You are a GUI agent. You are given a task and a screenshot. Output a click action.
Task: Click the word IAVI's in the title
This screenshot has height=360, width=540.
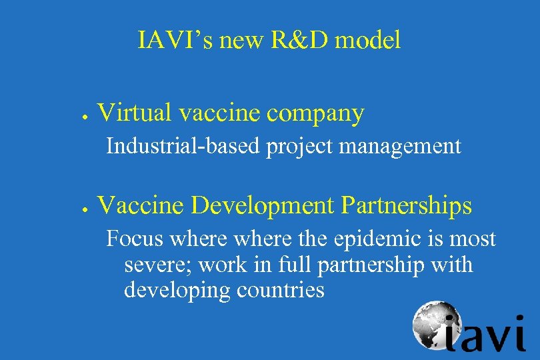175,41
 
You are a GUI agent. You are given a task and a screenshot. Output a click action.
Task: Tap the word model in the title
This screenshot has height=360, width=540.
367,41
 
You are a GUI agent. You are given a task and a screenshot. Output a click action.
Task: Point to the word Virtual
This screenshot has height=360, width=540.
135,113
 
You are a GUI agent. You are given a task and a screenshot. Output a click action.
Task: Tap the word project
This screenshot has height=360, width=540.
300,147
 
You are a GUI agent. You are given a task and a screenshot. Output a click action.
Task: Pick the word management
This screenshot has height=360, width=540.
400,147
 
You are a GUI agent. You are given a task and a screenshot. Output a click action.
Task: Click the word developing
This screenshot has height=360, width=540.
173,291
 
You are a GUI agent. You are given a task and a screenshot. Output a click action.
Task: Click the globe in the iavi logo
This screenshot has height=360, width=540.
433,324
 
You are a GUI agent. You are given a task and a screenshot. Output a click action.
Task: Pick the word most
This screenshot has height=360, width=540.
473,238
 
